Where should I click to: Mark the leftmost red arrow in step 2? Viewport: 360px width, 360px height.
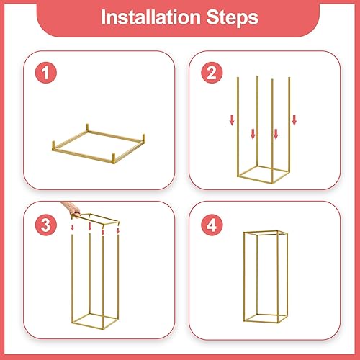pos(232,121)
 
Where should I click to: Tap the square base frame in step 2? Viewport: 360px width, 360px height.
pos(264,176)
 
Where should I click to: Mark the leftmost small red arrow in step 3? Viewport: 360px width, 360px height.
pos(73,228)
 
